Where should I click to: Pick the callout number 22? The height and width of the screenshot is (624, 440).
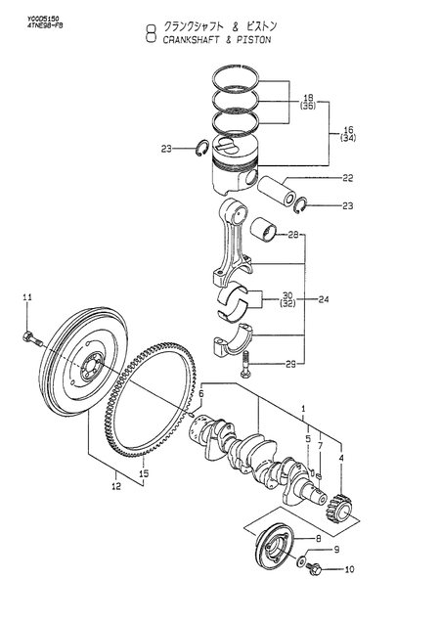(319, 177)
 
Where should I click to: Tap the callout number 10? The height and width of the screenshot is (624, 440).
(323, 568)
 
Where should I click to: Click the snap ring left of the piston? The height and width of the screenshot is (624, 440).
(200, 149)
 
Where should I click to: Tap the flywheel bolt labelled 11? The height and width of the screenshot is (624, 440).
(29, 339)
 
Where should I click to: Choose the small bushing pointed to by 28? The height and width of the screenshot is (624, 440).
(262, 231)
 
